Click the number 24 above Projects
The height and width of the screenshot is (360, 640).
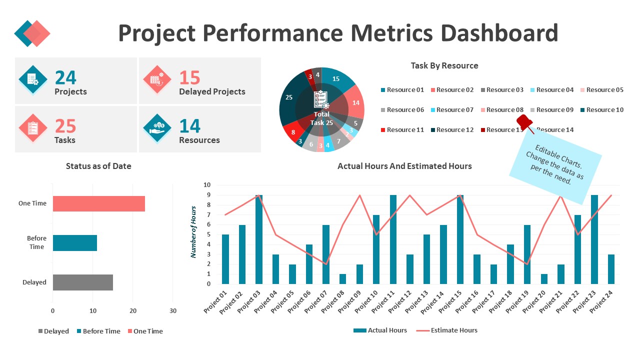coord(65,77)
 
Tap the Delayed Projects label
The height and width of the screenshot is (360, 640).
coord(212,91)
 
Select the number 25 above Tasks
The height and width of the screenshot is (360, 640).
coord(65,126)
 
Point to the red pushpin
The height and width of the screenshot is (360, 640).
coord(524,123)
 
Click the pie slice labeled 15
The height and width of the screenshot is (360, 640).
coord(336,79)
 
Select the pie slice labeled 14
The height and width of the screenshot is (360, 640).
coord(355,102)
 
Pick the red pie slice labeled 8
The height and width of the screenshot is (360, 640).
coord(293,132)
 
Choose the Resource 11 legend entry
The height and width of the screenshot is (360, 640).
coord(401,129)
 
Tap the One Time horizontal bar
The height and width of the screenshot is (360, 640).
coord(98,203)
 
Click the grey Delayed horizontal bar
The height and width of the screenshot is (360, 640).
coord(82,282)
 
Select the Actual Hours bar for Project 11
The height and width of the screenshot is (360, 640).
coord(393,239)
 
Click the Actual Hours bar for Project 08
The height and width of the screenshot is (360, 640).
coord(342,279)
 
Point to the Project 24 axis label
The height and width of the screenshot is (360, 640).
coord(602,302)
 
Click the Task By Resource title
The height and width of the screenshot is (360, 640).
coord(444,65)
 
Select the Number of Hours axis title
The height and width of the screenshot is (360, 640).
coord(193,231)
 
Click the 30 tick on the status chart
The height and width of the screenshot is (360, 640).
coord(172,310)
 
